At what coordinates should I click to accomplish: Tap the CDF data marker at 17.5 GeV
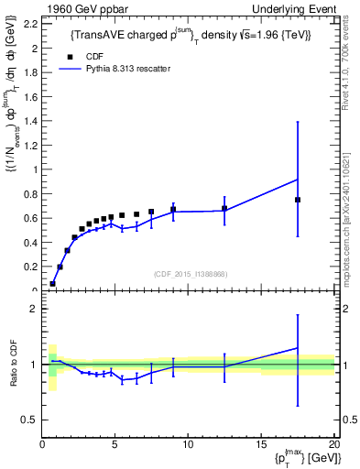(x=298, y=200)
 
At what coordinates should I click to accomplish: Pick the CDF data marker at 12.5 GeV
(x=224, y=209)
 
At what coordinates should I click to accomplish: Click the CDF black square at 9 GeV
(x=173, y=210)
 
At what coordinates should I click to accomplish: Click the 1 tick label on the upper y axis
(x=35, y=169)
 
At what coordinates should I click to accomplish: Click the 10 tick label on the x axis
(x=187, y=446)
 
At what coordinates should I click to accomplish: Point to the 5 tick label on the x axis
(x=115, y=446)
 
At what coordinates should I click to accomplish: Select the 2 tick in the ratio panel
(x=35, y=310)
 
